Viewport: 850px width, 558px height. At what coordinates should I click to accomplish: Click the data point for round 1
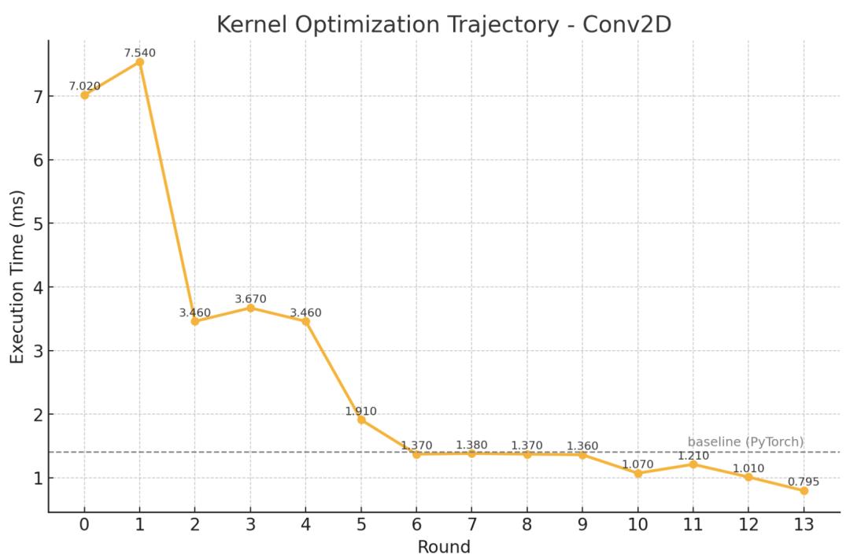[x=139, y=62]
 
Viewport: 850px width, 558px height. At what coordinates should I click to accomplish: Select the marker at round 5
[x=361, y=419]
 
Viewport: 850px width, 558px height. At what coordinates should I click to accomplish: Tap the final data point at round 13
[x=804, y=490]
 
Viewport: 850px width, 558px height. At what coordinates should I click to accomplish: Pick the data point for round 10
[x=637, y=473]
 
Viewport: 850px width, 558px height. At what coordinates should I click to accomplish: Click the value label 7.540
[x=139, y=53]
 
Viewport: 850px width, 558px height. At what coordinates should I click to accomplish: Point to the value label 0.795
[x=804, y=482]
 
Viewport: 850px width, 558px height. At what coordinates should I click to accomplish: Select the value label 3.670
[x=250, y=299]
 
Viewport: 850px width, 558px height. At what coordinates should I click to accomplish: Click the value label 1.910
[x=361, y=410]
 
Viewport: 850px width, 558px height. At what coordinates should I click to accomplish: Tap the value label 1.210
[x=693, y=455]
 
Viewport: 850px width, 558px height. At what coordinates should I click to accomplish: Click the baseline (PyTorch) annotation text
[x=745, y=442]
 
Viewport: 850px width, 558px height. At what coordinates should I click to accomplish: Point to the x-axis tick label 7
[x=471, y=525]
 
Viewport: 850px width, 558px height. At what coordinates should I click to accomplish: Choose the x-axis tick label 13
[x=804, y=525]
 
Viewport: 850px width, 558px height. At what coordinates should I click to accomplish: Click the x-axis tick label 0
[x=84, y=525]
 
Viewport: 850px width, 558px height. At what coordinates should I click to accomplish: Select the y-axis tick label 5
[x=36, y=224]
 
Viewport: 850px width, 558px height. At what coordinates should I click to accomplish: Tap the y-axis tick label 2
[x=36, y=415]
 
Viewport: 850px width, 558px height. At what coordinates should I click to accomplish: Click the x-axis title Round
[x=444, y=546]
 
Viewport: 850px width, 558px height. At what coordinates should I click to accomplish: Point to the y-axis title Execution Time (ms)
[x=17, y=276]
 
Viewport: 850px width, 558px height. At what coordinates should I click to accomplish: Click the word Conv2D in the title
[x=627, y=24]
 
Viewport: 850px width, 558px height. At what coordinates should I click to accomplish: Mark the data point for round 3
[x=250, y=308]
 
